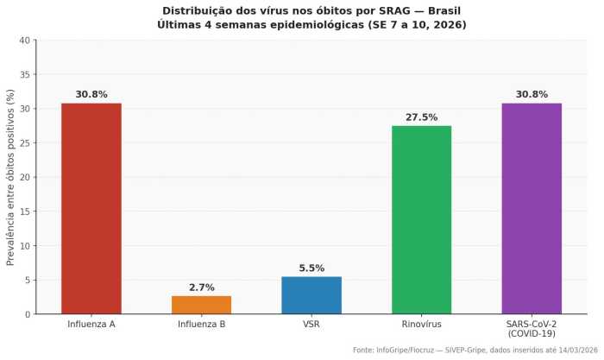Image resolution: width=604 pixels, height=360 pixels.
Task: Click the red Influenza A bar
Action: (91, 209)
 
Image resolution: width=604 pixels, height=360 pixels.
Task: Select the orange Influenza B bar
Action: (201, 305)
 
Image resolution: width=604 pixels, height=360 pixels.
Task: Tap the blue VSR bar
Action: (311, 295)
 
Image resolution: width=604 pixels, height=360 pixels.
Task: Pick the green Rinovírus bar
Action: (421, 220)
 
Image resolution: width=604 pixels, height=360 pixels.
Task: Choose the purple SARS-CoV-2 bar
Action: (532, 209)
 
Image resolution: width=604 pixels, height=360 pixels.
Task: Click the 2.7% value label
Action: (201, 287)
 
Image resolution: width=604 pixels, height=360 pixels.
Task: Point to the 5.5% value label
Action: (311, 268)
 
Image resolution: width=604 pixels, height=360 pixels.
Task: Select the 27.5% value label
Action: (421, 117)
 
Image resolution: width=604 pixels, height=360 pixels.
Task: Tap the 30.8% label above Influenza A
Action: (91, 95)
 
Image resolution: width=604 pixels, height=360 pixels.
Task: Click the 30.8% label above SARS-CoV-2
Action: (532, 95)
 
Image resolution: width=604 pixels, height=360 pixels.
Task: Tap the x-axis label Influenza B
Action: (201, 324)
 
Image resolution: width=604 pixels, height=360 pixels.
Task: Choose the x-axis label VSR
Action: (311, 324)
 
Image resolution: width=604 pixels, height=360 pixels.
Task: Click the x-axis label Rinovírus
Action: (421, 324)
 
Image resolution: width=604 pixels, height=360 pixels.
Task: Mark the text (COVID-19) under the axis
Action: (532, 333)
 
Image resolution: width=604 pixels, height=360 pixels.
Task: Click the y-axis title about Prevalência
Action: (11, 177)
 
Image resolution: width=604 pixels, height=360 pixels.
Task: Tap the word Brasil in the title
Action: (437, 10)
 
